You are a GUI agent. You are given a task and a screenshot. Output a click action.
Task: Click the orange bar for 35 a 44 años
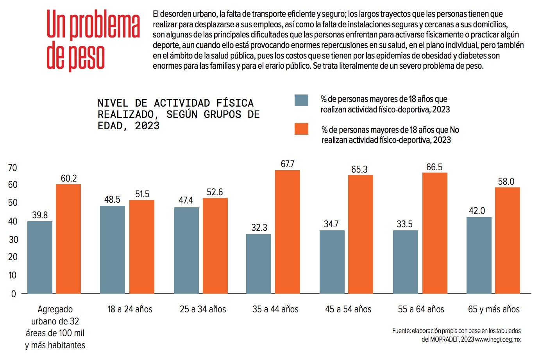tap(288, 232)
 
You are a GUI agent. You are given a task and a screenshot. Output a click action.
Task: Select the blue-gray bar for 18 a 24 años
tap(113, 250)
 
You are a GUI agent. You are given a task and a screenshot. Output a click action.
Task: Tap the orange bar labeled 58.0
tap(508, 240)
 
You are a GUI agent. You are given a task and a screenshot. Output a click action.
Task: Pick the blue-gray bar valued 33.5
tap(406, 262)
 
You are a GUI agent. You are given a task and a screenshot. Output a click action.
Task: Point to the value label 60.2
tap(69, 178)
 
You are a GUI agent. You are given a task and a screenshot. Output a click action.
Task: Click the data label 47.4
tap(186, 200)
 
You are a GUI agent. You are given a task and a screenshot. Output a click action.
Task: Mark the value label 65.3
tap(359, 169)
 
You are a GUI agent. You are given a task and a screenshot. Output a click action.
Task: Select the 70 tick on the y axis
tap(13, 168)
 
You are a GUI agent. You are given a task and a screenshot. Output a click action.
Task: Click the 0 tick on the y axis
tap(14, 294)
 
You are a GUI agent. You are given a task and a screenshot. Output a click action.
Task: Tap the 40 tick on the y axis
tap(13, 221)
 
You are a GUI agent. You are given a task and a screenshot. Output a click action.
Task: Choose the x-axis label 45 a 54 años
tap(348, 310)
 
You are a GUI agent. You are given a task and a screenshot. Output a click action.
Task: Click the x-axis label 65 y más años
tap(494, 310)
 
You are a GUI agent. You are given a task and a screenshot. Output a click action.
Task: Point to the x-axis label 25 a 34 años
tap(203, 310)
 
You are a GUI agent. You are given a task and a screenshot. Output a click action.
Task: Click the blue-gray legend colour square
tap(301, 100)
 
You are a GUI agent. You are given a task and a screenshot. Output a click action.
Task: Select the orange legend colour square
tap(301, 129)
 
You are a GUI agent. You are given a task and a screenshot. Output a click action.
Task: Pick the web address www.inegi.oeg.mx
tap(498, 339)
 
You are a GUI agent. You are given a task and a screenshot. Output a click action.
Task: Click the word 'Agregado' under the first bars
tap(55, 310)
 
